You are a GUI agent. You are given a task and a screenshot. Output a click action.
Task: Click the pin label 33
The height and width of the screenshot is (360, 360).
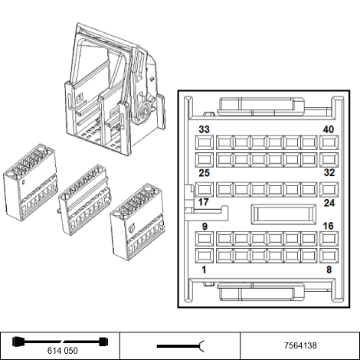[x=204, y=129]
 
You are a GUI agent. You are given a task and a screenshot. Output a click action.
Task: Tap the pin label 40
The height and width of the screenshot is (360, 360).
[x=329, y=129]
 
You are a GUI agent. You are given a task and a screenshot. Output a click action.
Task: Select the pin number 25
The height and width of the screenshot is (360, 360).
[x=204, y=173]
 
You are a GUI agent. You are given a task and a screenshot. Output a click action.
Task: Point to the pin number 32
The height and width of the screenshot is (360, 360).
[x=329, y=173]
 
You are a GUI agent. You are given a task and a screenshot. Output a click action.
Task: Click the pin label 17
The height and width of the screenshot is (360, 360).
[x=204, y=202]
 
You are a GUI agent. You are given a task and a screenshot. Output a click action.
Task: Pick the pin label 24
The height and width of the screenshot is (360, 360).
[x=329, y=203]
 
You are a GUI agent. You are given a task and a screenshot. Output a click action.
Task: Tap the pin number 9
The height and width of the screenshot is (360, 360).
[x=205, y=227]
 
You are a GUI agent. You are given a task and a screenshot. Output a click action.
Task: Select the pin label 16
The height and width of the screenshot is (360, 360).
[x=329, y=226]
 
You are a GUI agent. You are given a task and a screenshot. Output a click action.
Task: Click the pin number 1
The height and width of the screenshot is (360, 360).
[x=204, y=270]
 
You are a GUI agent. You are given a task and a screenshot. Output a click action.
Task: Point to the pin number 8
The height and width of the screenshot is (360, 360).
[x=329, y=270]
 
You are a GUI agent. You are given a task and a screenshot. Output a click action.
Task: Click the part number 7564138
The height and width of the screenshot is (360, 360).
[x=300, y=345]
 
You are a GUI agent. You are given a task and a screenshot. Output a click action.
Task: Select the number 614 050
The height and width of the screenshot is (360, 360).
[x=63, y=351]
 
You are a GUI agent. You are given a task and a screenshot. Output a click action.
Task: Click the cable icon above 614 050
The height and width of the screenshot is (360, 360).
[x=61, y=342]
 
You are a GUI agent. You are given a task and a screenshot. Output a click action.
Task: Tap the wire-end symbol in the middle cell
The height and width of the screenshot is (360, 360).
[x=181, y=346]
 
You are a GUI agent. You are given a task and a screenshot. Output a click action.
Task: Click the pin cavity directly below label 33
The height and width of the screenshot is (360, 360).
[x=205, y=142]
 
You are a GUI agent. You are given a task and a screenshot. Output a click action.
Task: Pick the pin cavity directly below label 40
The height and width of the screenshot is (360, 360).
[x=329, y=142]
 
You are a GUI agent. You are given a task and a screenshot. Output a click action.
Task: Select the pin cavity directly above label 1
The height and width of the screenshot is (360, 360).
[x=205, y=256]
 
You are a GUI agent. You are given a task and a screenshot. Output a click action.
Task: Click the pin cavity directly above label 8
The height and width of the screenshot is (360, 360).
[x=329, y=256]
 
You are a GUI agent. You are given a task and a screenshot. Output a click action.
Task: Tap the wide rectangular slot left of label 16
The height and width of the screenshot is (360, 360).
[x=283, y=214]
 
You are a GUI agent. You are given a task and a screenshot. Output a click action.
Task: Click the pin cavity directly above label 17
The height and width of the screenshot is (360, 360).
[x=205, y=189]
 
